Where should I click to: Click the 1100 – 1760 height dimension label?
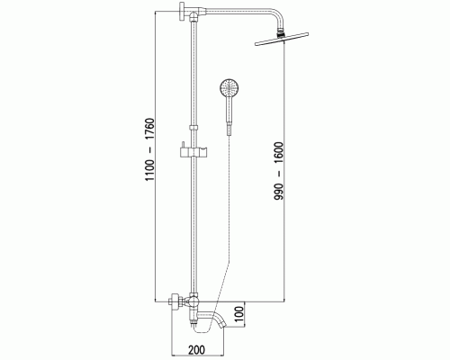149,149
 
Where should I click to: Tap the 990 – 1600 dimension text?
278,171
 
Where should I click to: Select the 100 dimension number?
239,314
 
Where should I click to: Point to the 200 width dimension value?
197,349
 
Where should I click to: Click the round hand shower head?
229,87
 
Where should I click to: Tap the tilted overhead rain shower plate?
282,39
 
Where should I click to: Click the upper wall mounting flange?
182,12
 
